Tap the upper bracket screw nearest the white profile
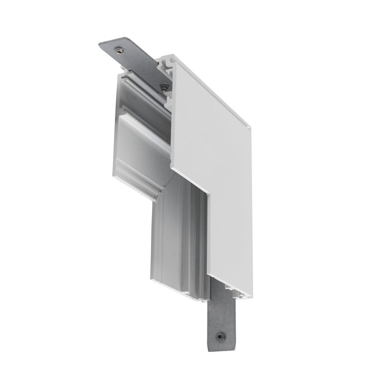[x=164, y=85]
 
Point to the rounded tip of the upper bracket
[x=104, y=45]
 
